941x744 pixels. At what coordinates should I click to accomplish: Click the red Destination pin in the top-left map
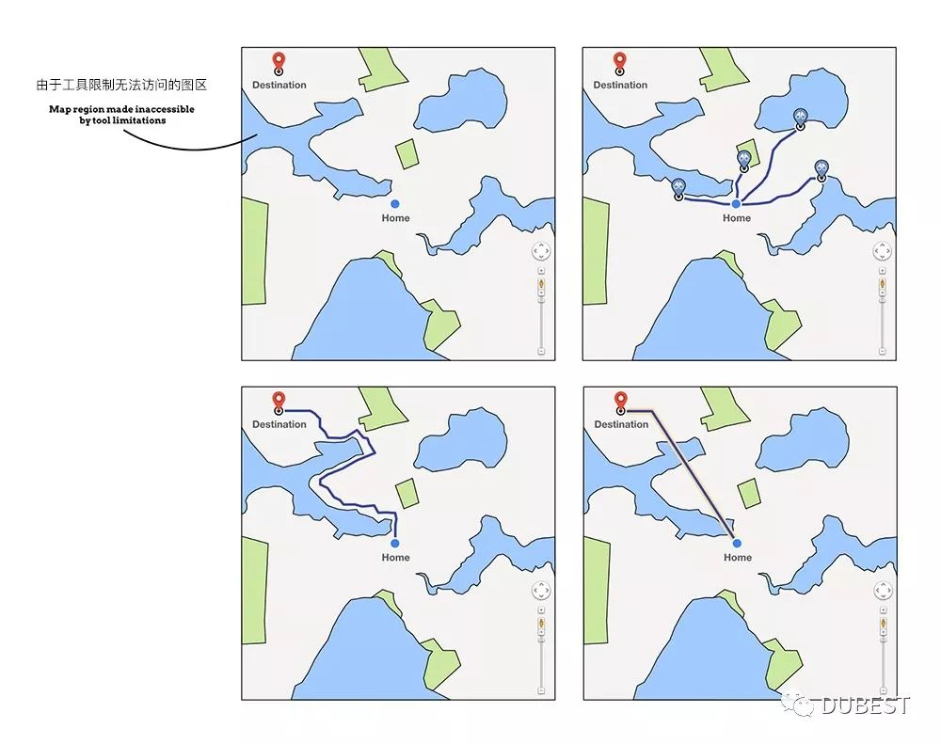[x=279, y=63]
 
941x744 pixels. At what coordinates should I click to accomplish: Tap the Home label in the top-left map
[x=395, y=218]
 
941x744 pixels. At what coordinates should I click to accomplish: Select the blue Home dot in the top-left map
[x=395, y=204]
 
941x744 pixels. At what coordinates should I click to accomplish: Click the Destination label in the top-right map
[x=620, y=85]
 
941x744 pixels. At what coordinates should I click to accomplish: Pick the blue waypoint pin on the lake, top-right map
[x=800, y=119]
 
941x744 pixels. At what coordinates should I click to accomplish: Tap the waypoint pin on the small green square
[x=744, y=162]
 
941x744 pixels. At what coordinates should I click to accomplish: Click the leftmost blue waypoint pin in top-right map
[x=678, y=189]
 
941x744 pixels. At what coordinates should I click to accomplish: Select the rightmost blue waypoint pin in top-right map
[x=821, y=170]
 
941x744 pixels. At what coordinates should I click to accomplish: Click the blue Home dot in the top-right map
[x=736, y=204]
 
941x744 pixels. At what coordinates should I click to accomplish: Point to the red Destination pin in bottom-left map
[x=279, y=402]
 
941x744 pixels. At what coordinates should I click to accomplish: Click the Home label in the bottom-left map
[x=395, y=557]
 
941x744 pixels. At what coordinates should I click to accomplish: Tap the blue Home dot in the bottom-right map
[x=737, y=543]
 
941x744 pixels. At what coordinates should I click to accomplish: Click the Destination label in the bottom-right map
[x=621, y=424]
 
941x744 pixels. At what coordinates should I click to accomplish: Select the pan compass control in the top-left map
[x=541, y=251]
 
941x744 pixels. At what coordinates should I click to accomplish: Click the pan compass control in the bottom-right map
[x=884, y=591]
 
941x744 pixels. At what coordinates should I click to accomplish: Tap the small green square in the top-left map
[x=407, y=153]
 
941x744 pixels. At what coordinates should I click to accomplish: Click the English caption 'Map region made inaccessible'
[x=121, y=109]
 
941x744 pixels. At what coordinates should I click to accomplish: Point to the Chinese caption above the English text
[x=121, y=85]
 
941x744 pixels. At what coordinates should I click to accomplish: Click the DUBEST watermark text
[x=866, y=705]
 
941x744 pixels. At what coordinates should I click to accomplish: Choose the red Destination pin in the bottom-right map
[x=620, y=402]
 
